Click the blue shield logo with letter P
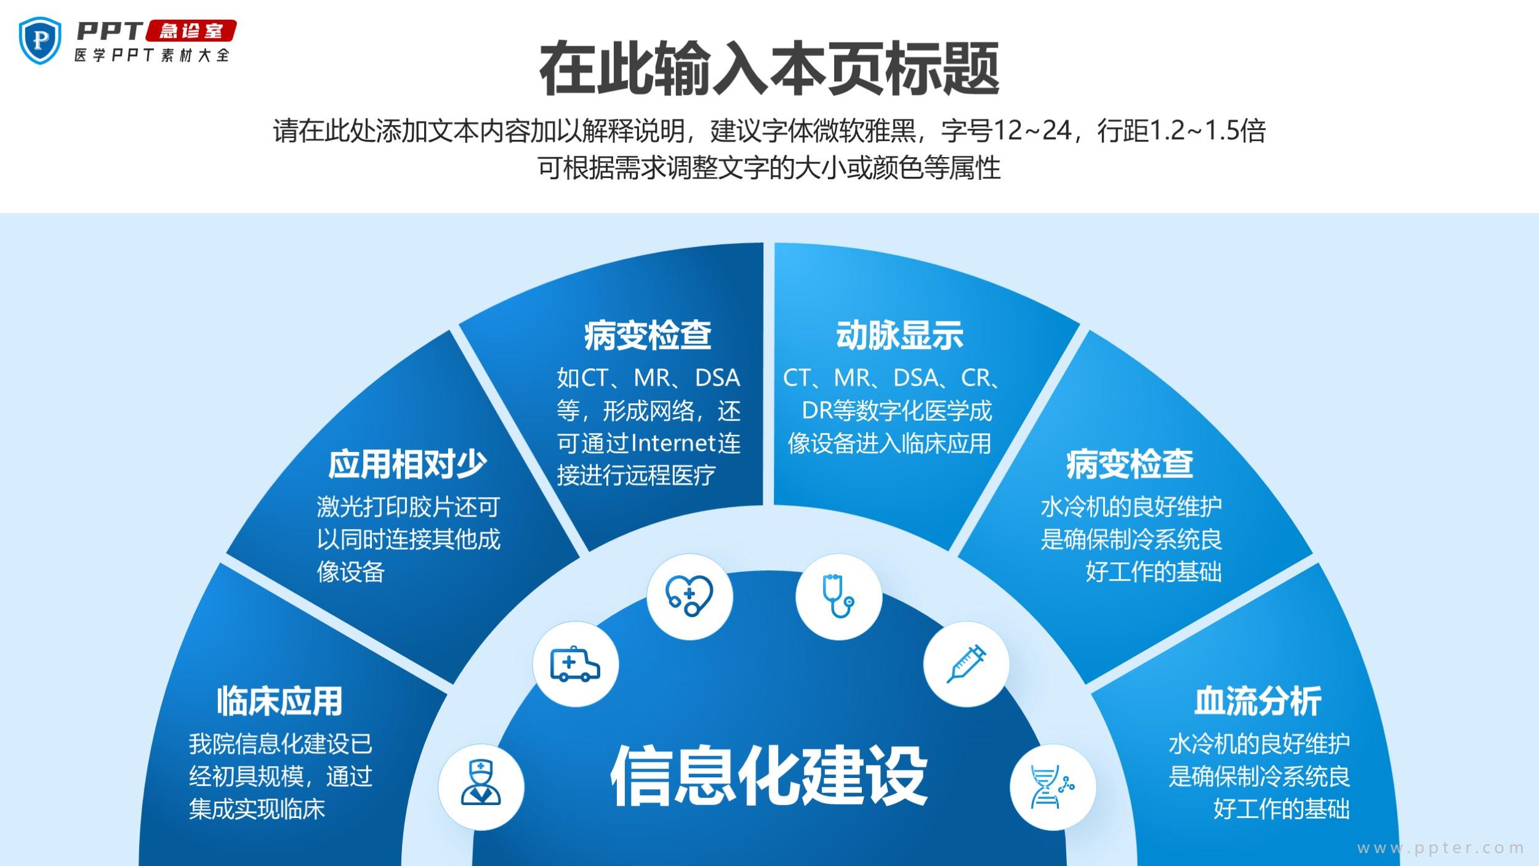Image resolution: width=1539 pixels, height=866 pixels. point(41,40)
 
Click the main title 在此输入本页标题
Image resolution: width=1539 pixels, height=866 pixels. point(769,69)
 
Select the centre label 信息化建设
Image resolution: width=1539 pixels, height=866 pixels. point(769,775)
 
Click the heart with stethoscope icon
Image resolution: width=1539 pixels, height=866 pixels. point(689,596)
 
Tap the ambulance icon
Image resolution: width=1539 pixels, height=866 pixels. point(575,665)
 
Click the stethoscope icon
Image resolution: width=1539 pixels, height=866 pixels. point(838,596)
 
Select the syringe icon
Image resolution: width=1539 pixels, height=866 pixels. point(966,663)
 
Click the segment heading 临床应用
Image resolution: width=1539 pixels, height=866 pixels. point(279,701)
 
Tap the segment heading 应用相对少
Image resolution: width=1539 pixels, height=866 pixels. point(407,464)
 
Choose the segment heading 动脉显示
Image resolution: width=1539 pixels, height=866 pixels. point(899,336)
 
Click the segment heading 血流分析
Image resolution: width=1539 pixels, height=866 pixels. point(1258,701)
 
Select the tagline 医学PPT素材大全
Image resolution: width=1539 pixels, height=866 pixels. point(152,55)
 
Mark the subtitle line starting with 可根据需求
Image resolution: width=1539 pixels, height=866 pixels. point(769,168)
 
